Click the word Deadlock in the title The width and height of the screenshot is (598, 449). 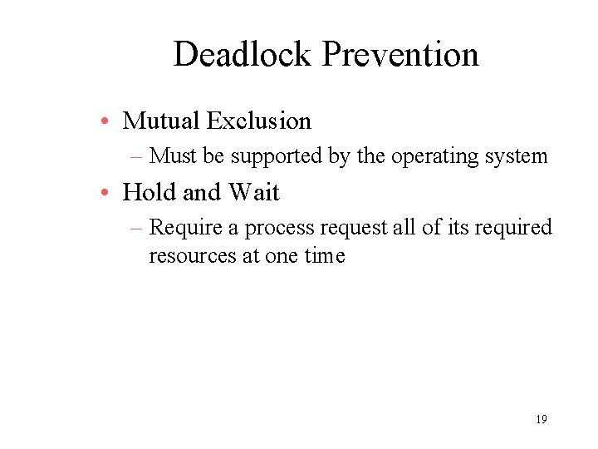click(x=243, y=55)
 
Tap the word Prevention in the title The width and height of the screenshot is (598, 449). click(x=400, y=55)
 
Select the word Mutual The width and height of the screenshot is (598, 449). click(x=161, y=121)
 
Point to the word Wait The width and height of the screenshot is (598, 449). click(x=254, y=193)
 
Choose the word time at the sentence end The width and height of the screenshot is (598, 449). click(x=324, y=255)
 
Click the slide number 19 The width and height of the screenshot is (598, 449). click(x=541, y=419)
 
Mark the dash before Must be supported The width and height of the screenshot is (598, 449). click(x=138, y=156)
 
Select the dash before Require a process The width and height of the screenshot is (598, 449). click(x=138, y=228)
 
